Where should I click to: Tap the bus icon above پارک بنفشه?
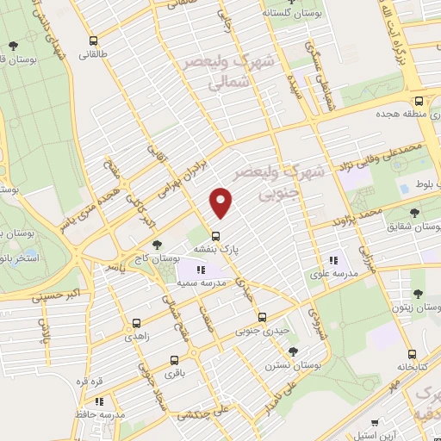pos(215,235)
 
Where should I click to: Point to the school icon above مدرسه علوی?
pos(332,260)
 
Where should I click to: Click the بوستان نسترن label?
pos(294,365)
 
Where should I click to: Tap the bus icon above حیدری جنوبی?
pos(264,315)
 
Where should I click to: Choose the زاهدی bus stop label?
pos(136,338)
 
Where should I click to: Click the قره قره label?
pos(90,381)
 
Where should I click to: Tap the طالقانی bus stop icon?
pos(94,40)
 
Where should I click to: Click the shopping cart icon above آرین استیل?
pos(375,422)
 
